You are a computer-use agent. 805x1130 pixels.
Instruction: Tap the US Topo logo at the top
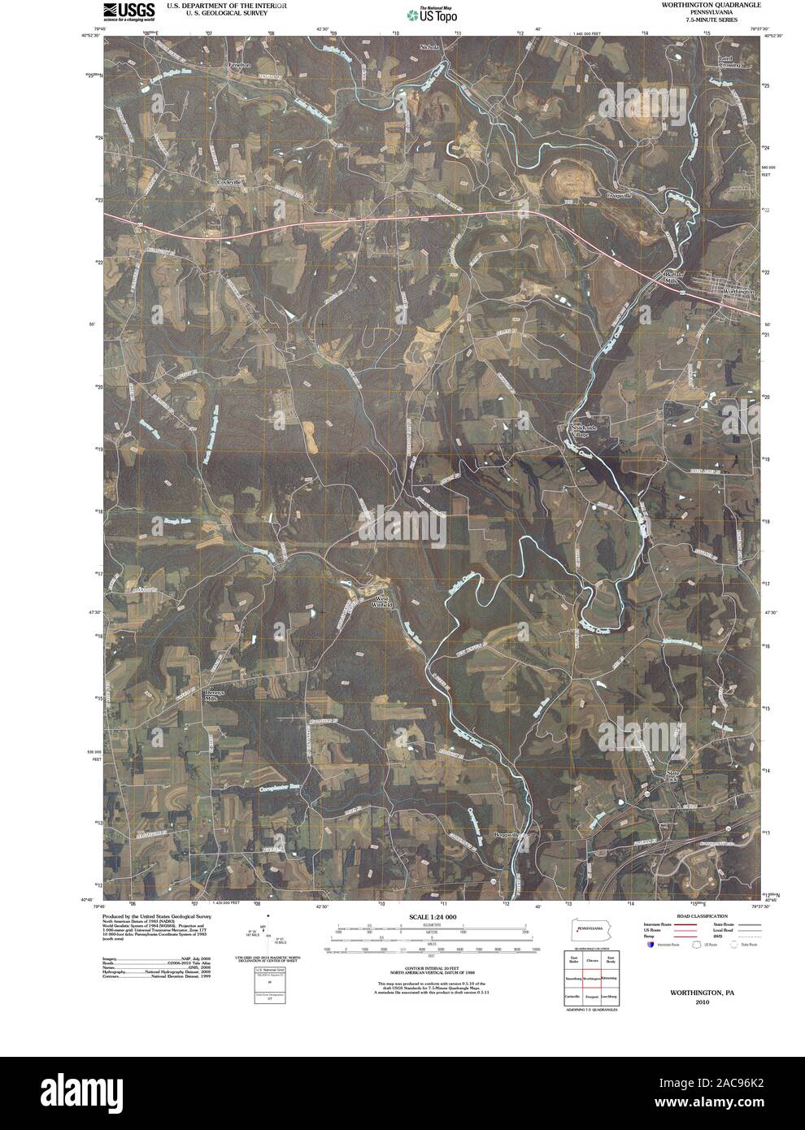click(432, 14)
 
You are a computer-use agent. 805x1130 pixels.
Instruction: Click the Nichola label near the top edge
click(429, 47)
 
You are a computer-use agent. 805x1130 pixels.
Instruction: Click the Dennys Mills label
click(213, 695)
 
